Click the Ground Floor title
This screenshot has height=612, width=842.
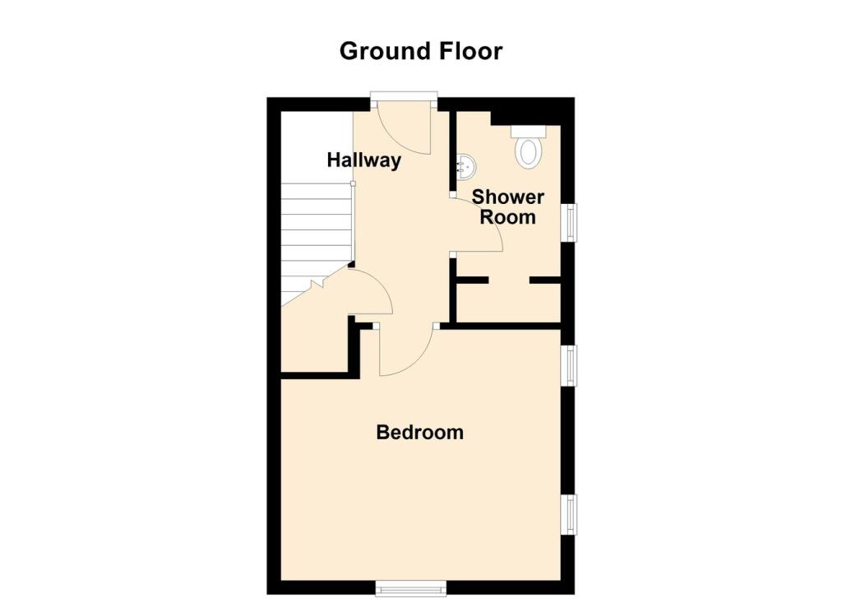click(x=420, y=51)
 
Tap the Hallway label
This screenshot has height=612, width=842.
click(x=363, y=160)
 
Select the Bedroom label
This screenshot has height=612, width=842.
click(x=419, y=432)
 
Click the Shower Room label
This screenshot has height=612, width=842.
click(x=507, y=207)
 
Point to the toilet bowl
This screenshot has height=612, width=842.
click(x=527, y=153)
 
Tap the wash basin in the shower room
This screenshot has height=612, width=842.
click(x=465, y=167)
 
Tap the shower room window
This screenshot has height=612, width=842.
click(x=568, y=222)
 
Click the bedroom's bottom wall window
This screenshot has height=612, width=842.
click(x=410, y=587)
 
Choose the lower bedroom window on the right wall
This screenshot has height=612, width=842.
click(x=568, y=515)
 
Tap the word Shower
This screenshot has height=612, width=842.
click(x=507, y=197)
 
